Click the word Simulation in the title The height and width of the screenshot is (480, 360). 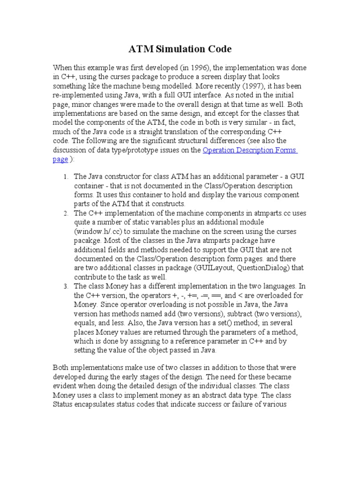point(179,49)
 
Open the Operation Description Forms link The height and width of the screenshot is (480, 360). point(250,150)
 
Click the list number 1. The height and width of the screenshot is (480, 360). point(66,177)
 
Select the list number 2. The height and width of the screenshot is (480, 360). point(66,213)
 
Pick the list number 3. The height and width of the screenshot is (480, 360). point(66,286)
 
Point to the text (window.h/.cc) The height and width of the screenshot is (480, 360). point(97,232)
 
